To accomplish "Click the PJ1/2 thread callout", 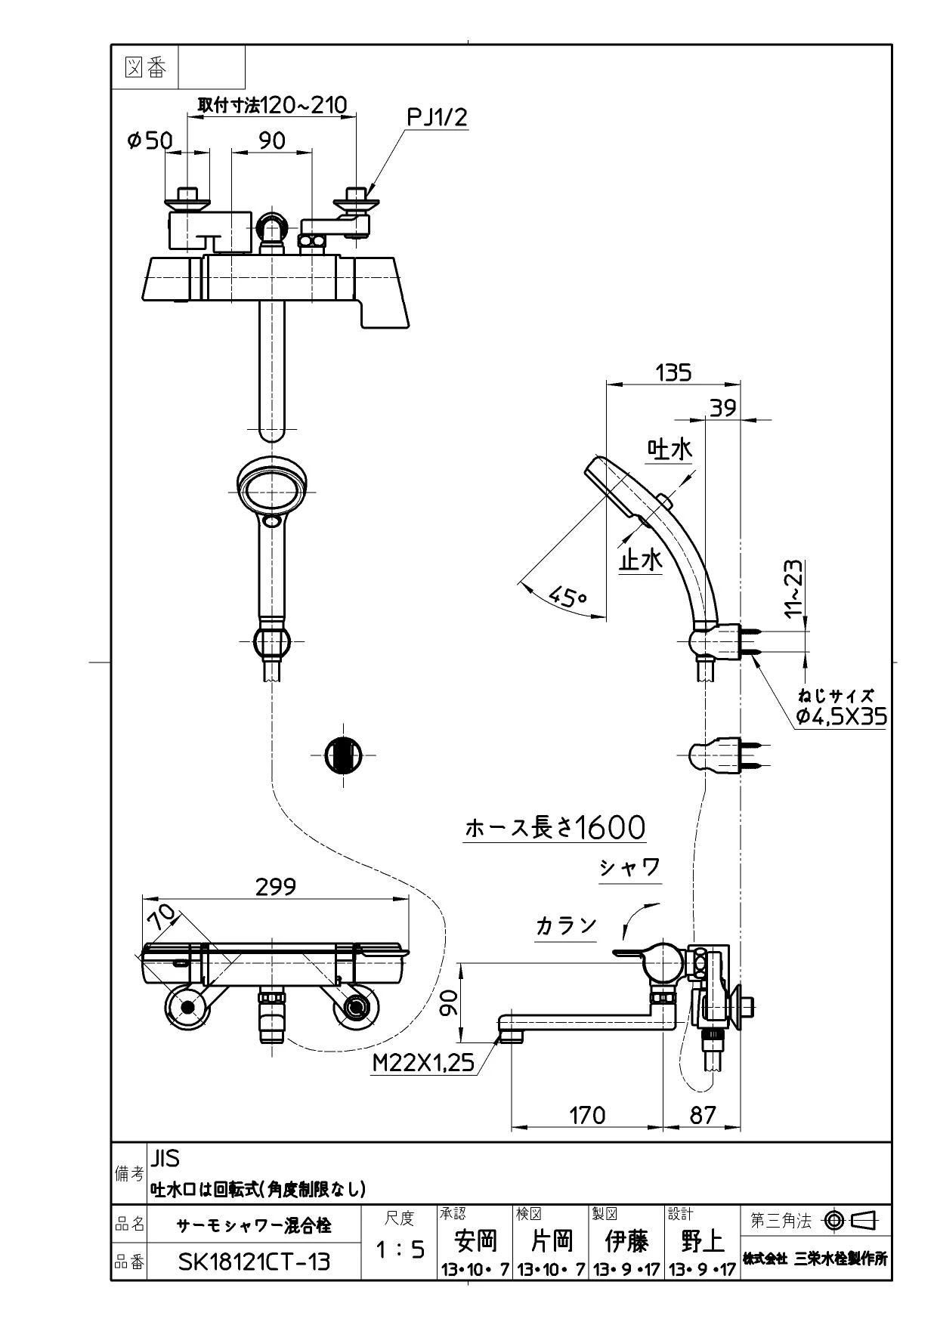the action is [x=438, y=118].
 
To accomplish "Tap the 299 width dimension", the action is [x=276, y=886].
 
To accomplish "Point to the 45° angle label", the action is [x=567, y=597].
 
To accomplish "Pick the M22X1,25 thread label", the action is [x=424, y=1063].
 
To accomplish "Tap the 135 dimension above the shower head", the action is [x=673, y=372].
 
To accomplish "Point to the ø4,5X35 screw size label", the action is [x=841, y=716].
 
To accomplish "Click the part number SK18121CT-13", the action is [x=255, y=1262].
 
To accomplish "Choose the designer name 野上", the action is [x=702, y=1240].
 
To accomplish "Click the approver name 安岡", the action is [x=475, y=1240].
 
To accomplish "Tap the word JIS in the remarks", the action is [x=165, y=1158].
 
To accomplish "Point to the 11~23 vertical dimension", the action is [x=796, y=589].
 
